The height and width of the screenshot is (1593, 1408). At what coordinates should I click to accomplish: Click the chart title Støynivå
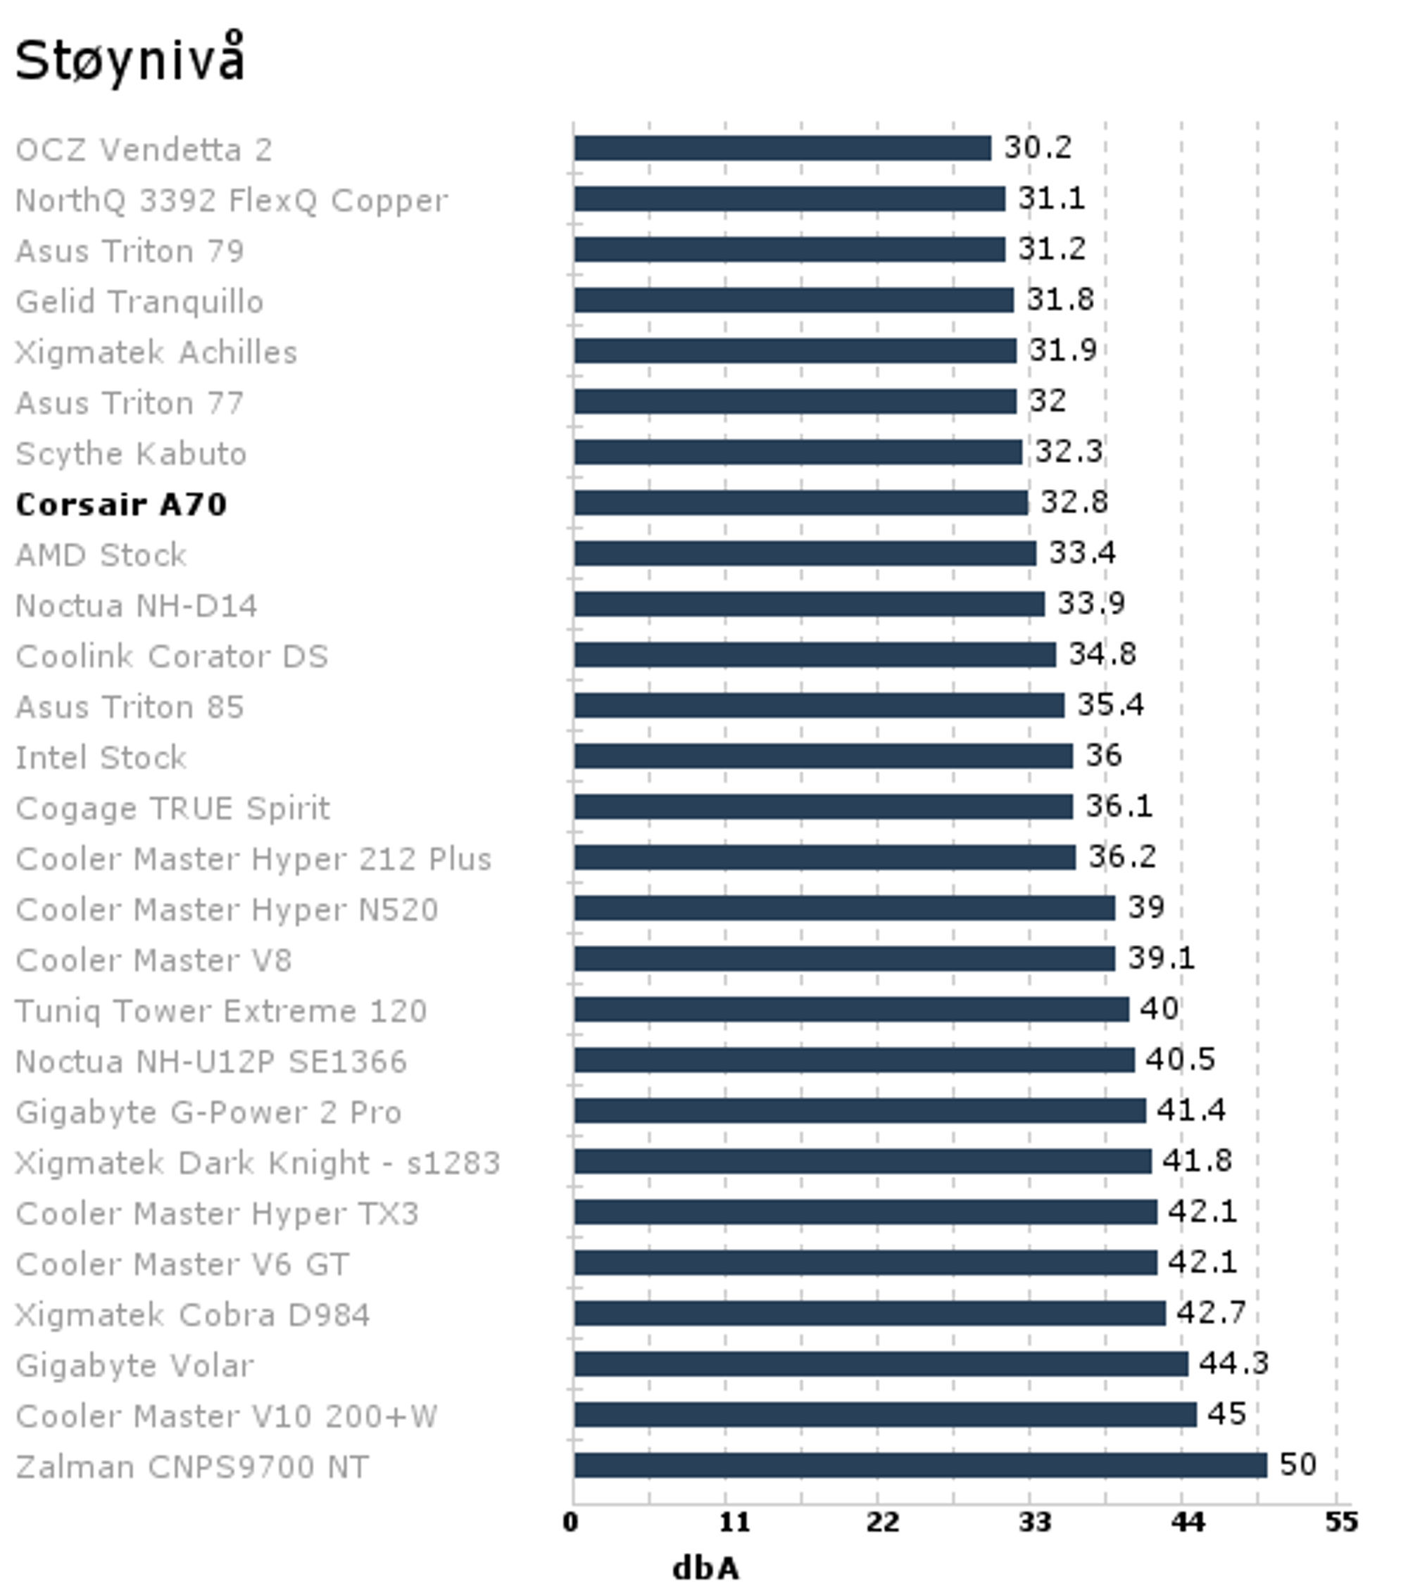tap(130, 60)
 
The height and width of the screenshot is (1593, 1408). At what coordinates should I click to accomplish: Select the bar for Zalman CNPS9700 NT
tap(920, 1465)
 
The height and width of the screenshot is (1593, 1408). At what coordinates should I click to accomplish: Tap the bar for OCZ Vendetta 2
tap(782, 148)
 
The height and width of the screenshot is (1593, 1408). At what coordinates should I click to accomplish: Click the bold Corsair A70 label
tap(121, 504)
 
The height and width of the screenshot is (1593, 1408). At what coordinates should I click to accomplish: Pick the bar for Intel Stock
tap(822, 756)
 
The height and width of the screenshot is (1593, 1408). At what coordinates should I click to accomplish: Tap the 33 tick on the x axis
tap(1035, 1521)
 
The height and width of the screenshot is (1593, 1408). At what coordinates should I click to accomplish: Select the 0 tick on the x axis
tap(571, 1521)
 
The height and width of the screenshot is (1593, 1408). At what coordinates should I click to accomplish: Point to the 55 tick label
tap(1341, 1521)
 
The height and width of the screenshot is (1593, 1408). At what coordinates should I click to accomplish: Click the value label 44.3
tap(1233, 1363)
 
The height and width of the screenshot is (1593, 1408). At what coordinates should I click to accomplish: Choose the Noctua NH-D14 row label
tap(136, 606)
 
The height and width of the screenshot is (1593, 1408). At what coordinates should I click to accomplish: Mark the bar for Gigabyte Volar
tap(881, 1364)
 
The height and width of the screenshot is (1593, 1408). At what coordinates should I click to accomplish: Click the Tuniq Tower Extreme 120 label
tap(220, 1011)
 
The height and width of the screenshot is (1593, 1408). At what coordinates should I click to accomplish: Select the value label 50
tap(1297, 1464)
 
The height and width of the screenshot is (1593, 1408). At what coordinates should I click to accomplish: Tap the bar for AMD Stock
tap(805, 553)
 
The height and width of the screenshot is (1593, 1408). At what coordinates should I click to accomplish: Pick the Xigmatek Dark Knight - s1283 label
tap(257, 1163)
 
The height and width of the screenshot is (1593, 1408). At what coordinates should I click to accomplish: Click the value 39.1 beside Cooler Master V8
tap(1161, 958)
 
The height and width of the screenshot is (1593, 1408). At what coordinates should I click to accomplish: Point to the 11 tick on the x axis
tap(733, 1521)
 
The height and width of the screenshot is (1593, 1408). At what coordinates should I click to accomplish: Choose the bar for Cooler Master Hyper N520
tap(844, 908)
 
